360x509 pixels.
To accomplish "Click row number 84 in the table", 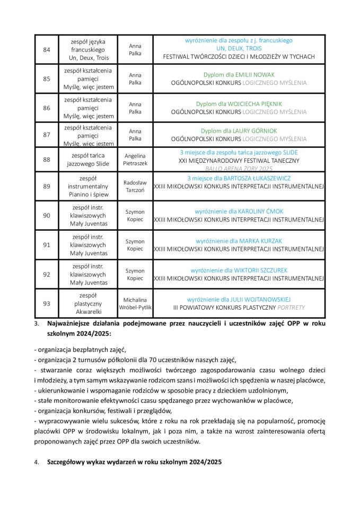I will pos(46,49).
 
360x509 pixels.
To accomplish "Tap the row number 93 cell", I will pos(46,303).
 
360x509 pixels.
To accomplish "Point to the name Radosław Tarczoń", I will pos(135,186).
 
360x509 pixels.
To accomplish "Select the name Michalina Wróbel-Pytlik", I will pos(135,303).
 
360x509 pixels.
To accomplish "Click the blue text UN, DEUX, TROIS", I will pos(239,48).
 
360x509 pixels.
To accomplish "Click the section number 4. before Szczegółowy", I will pos(37,462).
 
